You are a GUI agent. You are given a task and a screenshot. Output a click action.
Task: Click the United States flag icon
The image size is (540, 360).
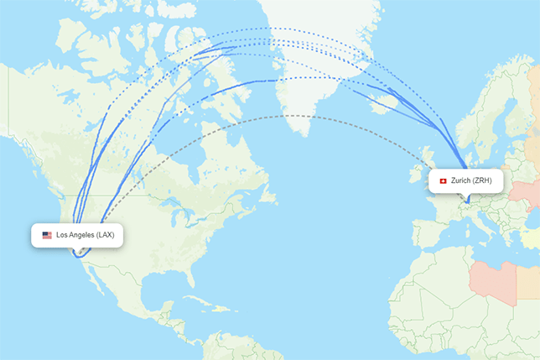pyautogui.click(x=47, y=235)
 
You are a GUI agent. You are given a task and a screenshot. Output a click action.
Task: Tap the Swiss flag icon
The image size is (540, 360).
pyautogui.click(x=443, y=181)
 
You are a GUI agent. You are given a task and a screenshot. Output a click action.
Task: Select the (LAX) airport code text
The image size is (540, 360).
pyautogui.click(x=105, y=235)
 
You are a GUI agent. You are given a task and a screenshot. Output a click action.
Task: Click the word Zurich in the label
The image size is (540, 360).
pyautogui.click(x=461, y=181)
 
